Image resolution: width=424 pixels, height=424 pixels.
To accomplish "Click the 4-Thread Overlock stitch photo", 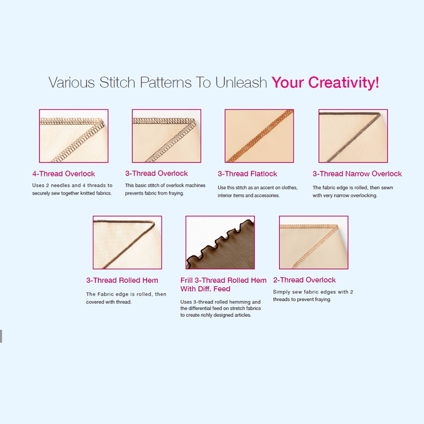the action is tap(74, 136).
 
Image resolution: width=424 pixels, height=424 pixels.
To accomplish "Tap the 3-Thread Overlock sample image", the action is tap(167, 136).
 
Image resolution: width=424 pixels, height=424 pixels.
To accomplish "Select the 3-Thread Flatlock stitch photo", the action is tap(259, 136).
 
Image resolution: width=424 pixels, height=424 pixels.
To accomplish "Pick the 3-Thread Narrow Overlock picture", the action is tap(353, 136).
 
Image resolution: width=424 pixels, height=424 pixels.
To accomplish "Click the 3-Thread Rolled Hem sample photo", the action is tap(127, 242).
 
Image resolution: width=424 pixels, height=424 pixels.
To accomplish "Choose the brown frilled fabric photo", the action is tap(220, 242).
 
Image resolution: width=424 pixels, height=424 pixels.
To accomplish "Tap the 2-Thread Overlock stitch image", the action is tap(314, 242).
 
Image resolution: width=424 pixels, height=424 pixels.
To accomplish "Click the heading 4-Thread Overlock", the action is tap(64, 174).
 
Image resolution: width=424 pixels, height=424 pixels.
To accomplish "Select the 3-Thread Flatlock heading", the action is tap(247, 174).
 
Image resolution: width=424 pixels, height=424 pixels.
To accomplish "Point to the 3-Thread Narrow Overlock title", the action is tap(357, 174).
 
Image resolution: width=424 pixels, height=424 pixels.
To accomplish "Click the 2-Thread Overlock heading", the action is tap(304, 280).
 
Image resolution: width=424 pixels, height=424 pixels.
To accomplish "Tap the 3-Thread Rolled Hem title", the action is tap(122, 280).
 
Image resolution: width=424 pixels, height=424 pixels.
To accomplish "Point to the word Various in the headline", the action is tap(72, 82).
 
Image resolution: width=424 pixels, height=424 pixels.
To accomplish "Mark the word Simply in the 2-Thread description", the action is tap(281, 292).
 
